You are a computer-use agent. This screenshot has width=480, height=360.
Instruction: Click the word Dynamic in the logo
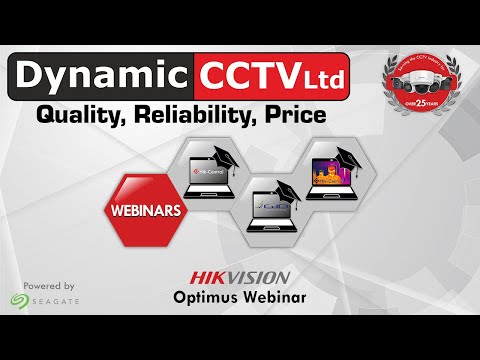(x=100, y=77)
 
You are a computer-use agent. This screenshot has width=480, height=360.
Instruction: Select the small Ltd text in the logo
(x=319, y=79)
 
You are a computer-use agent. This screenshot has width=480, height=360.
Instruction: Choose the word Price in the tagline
(x=298, y=116)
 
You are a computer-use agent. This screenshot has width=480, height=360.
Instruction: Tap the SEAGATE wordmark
(x=56, y=300)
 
